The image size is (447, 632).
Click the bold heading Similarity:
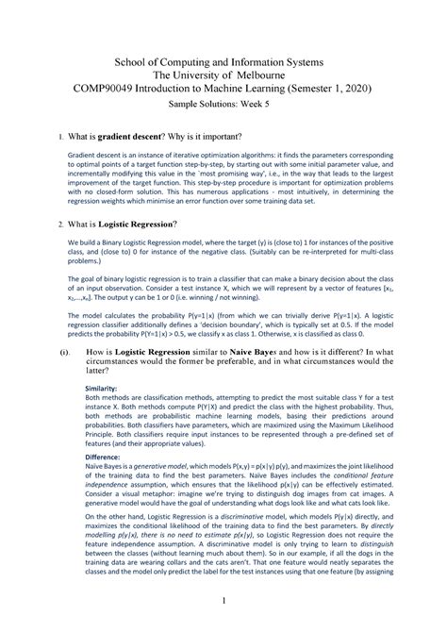[103, 388]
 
